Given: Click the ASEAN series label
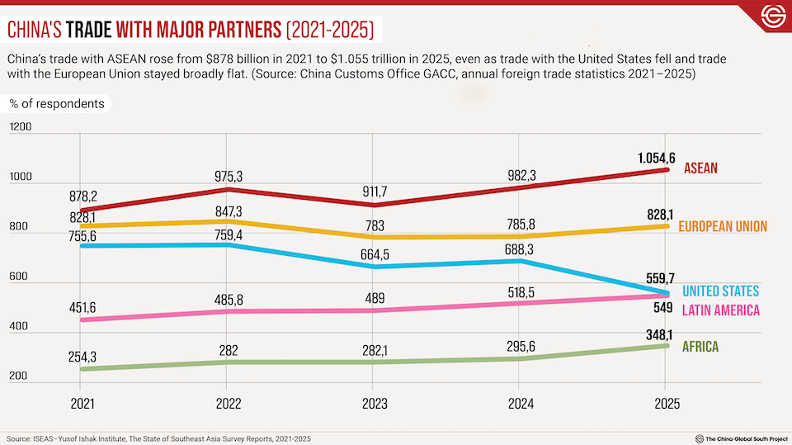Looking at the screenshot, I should click(x=700, y=168).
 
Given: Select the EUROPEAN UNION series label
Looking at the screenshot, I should click(x=723, y=226).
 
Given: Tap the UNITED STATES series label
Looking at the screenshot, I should click(x=720, y=291).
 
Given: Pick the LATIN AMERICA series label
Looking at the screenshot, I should click(x=720, y=310).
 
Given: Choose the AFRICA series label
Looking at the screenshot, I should click(x=700, y=347).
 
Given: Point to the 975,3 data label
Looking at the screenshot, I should click(x=227, y=175).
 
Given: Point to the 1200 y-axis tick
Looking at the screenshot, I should click(x=21, y=128).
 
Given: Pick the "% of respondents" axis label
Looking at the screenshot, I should click(x=58, y=104).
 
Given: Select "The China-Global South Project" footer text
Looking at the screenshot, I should click(x=739, y=438).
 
